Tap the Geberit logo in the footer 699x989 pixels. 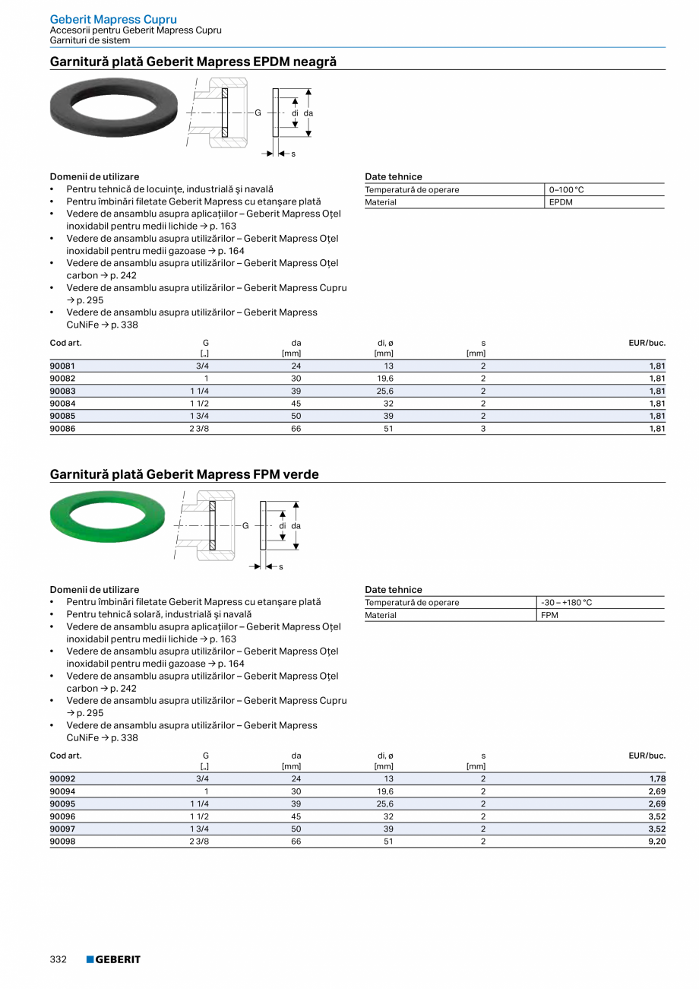tap(113, 959)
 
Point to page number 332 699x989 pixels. tap(59, 959)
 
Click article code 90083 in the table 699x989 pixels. tap(62, 391)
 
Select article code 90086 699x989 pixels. tap(62, 429)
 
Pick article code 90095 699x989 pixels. tap(62, 804)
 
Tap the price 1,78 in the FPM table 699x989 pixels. tap(657, 778)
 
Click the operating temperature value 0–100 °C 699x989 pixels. tap(567, 190)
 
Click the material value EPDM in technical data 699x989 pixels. tap(561, 202)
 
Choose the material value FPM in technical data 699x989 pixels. tap(549, 615)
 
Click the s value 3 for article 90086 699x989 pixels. tap(482, 429)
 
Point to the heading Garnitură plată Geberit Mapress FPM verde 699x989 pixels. tap(184, 474)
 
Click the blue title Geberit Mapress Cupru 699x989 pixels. tap(113, 19)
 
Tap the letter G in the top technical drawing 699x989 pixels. tap(258, 113)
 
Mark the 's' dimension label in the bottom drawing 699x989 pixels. tap(280, 566)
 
